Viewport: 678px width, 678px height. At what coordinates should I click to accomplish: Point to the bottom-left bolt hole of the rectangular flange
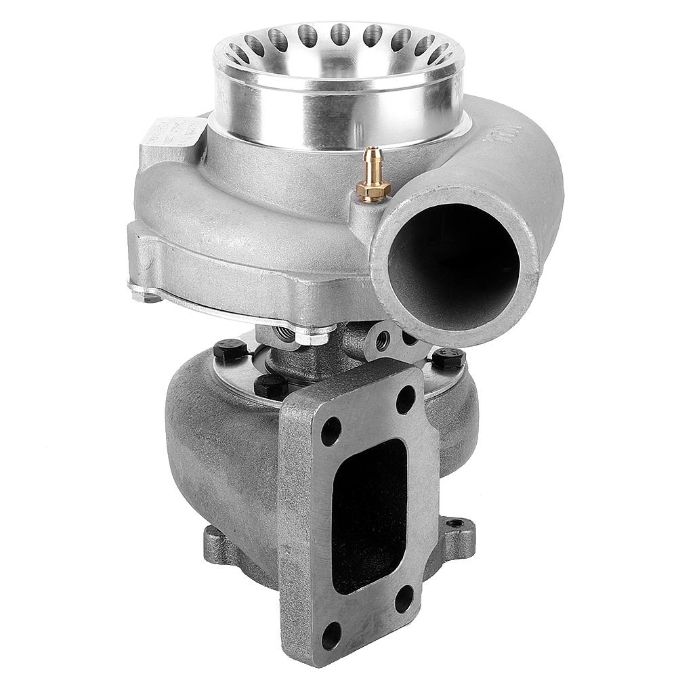[x=331, y=635]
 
